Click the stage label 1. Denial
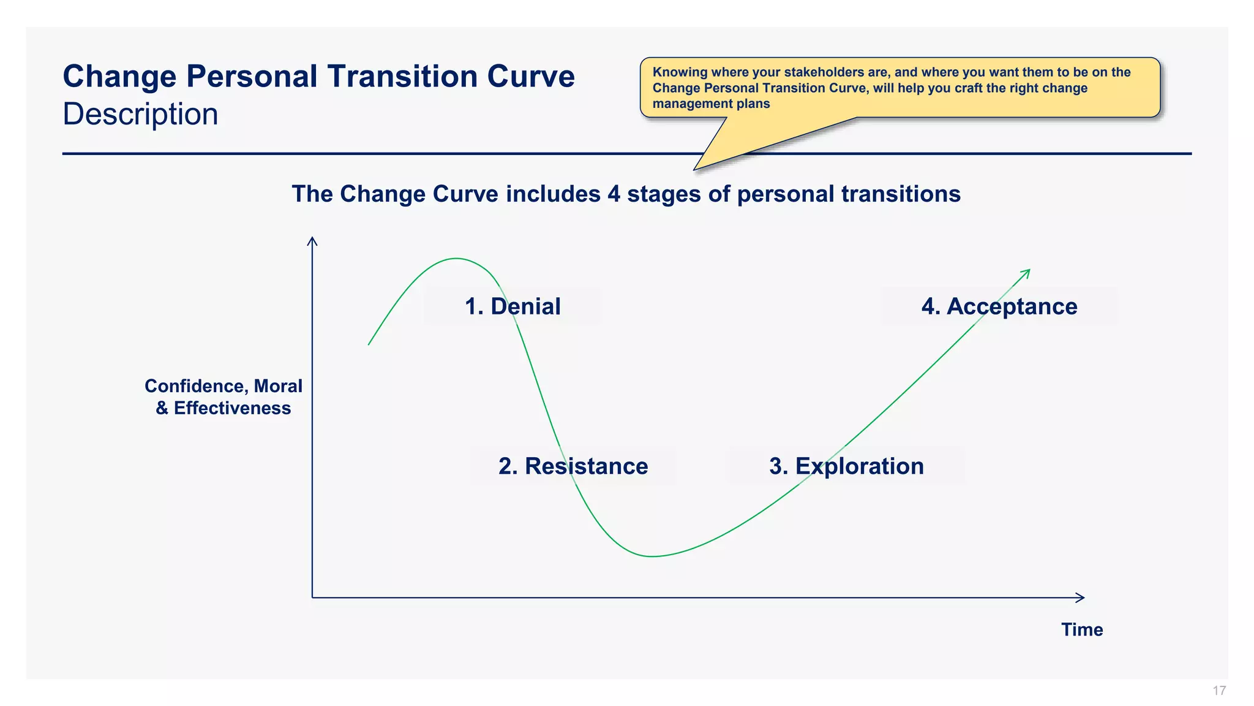point(512,306)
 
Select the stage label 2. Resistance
point(573,466)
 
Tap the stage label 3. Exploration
point(846,466)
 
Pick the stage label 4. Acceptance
point(999,306)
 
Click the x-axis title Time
point(1082,630)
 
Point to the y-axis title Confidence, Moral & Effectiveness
point(223,397)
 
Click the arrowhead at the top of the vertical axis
point(312,240)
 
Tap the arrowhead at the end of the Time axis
point(1082,598)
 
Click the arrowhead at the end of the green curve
point(1028,271)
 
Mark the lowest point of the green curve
point(652,556)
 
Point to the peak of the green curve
point(456,259)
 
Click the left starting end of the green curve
point(369,344)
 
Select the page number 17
point(1219,691)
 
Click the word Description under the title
point(140,115)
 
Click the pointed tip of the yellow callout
point(695,169)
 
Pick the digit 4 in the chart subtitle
point(614,194)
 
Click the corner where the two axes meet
point(312,598)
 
